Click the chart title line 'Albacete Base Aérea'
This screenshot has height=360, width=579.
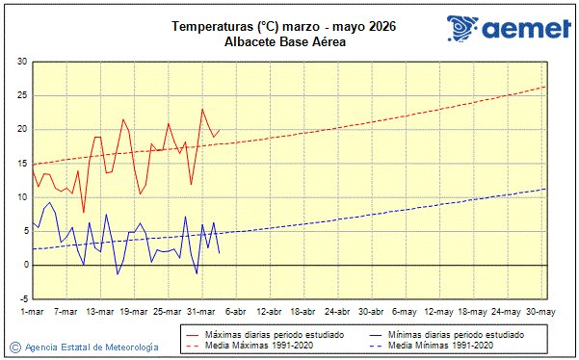pyautogui.click(x=284, y=41)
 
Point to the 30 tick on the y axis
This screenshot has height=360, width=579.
pyautogui.click(x=21, y=63)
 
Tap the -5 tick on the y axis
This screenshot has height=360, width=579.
pyautogui.click(x=21, y=298)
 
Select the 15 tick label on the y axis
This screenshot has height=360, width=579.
pyautogui.click(x=21, y=164)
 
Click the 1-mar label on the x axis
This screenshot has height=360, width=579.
pyautogui.click(x=33, y=312)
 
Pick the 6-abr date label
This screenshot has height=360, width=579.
pyautogui.click(x=236, y=312)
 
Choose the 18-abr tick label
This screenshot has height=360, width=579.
pyautogui.click(x=303, y=312)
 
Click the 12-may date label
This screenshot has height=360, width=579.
pyautogui.click(x=439, y=312)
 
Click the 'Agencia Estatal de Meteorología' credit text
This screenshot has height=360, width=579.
pyautogui.click(x=92, y=347)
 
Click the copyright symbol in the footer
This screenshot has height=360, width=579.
pyautogui.click(x=14, y=347)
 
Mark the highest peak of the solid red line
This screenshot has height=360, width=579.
pyautogui.click(x=202, y=109)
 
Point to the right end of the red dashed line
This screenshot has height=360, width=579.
pyautogui.click(x=545, y=87)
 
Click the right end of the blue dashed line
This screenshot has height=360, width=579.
pyautogui.click(x=545, y=189)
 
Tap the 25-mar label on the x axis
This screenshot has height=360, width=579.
pyautogui.click(x=168, y=312)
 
